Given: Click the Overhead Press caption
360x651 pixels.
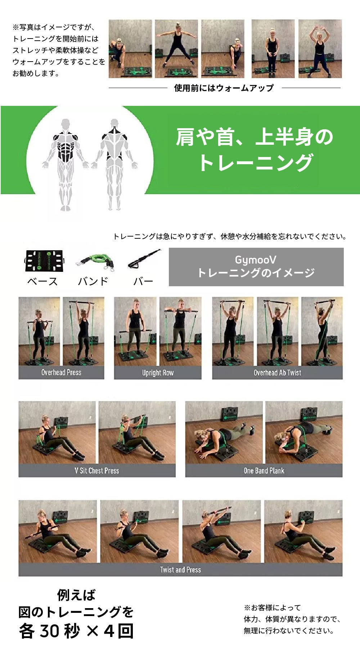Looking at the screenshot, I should pyautogui.click(x=61, y=372).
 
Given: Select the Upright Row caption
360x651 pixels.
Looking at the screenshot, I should pyautogui.click(x=158, y=373).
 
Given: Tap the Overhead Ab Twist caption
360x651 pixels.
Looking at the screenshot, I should pyautogui.click(x=277, y=373).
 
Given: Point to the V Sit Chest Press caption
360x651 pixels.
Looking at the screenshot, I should pyautogui.click(x=97, y=471).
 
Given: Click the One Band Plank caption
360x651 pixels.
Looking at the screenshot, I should pyautogui.click(x=264, y=471).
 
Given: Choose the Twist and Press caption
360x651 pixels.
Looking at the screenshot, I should pyautogui.click(x=180, y=570).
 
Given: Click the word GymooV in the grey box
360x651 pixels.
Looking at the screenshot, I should pyautogui.click(x=256, y=260).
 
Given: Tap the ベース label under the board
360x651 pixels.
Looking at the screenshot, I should pyautogui.click(x=42, y=281).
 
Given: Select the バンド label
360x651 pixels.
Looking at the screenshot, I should pyautogui.click(x=93, y=281).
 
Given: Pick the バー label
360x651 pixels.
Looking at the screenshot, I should pyautogui.click(x=143, y=281).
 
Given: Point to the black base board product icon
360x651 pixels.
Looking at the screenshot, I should pyautogui.click(x=45, y=260).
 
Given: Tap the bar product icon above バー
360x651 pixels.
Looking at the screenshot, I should pyautogui.click(x=144, y=259).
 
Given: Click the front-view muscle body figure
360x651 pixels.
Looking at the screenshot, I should pyautogui.click(x=65, y=164).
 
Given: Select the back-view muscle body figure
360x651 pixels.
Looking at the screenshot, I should pyautogui.click(x=114, y=164).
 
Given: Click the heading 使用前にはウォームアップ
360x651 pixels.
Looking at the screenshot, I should pyautogui.click(x=224, y=88).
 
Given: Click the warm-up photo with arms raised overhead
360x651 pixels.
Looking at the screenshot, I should pyautogui.click(x=320, y=49).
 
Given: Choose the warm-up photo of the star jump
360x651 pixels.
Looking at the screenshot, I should pyautogui.click(x=176, y=49).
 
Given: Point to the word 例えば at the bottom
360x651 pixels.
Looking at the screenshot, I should pyautogui.click(x=76, y=595).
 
